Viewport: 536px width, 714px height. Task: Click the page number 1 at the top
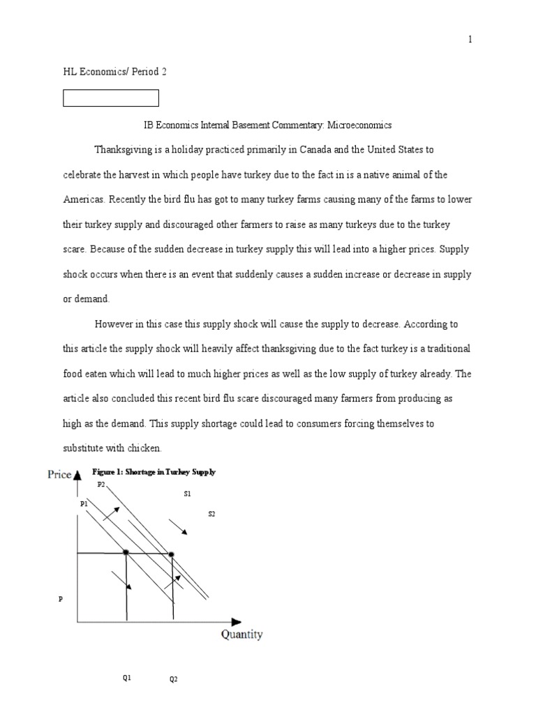[470, 40]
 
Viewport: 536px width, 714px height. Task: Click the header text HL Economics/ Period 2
[115, 71]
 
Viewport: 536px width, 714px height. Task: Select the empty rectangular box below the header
[111, 98]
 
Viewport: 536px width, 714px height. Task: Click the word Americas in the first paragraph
[84, 199]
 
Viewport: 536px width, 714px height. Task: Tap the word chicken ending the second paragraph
[148, 448]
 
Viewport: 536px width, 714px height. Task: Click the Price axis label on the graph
[59, 474]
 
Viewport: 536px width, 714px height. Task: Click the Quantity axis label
[241, 635]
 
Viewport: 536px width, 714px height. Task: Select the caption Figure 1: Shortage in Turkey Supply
[154, 472]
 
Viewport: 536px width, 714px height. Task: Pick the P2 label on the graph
[101, 484]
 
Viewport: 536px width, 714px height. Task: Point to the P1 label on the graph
[84, 503]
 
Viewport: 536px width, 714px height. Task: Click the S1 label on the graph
[187, 494]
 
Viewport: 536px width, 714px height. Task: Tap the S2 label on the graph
[211, 514]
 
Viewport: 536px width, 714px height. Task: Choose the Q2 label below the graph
[174, 681]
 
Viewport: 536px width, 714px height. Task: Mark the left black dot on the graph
[126, 553]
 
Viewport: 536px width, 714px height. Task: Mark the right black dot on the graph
[172, 554]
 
